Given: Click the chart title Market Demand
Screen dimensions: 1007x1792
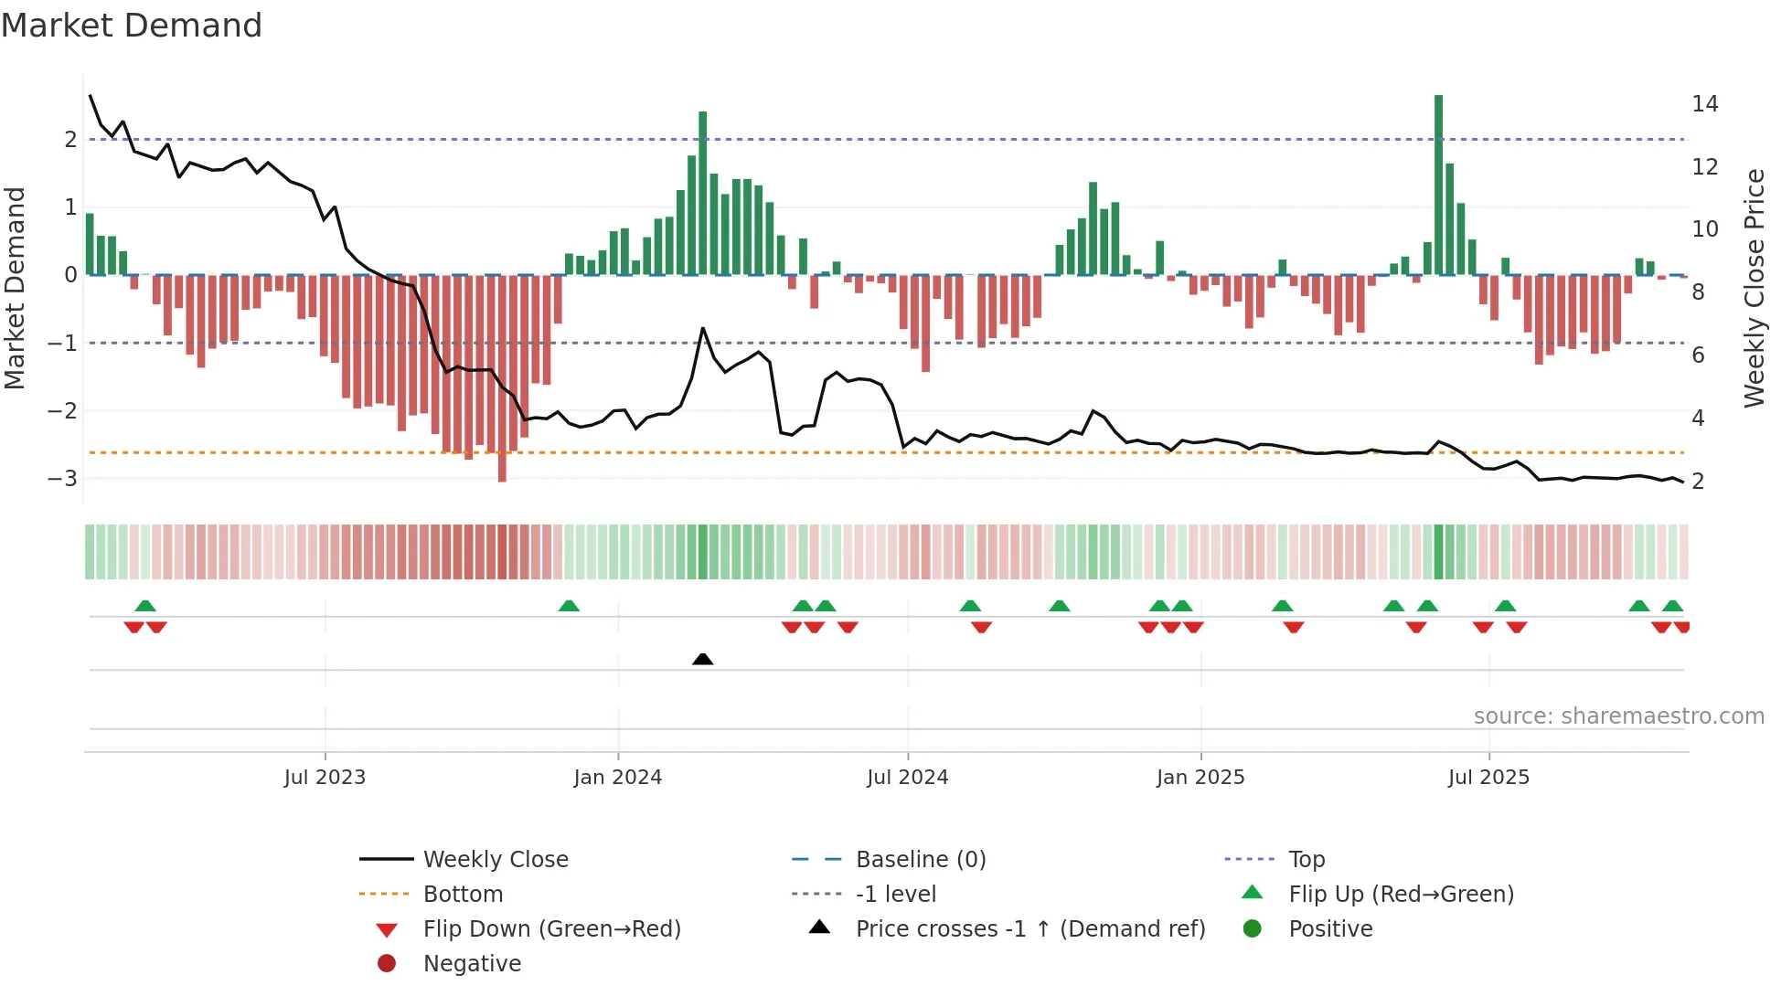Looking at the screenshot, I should point(132,26).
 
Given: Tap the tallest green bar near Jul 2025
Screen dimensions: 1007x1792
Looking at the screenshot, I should point(1438,183).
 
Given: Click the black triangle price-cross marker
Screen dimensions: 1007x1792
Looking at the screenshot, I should point(702,659).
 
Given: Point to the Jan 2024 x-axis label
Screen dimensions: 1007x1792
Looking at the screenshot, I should point(617,778).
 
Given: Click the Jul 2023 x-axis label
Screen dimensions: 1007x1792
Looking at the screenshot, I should point(325,778).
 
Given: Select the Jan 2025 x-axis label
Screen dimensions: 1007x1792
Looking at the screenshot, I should point(1200,778).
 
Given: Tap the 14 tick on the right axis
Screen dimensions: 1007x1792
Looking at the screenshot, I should point(1704,104).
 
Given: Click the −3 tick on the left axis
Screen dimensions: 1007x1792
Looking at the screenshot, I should point(63,479).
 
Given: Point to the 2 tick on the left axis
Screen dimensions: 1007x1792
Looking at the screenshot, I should point(70,140).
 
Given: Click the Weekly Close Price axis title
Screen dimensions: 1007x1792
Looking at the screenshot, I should point(1754,288).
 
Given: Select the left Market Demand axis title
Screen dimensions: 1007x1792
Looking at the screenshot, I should point(15,288).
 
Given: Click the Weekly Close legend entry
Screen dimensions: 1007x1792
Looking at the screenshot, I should point(495,860).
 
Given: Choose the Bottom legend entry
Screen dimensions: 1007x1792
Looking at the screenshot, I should point(463,895).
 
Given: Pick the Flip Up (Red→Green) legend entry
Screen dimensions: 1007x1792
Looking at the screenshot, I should point(1401,895).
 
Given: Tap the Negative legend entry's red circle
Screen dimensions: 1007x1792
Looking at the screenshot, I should point(387,964).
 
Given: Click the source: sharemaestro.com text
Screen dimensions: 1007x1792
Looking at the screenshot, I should point(1618,716).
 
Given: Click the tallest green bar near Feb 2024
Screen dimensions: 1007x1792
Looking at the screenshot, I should point(702,192).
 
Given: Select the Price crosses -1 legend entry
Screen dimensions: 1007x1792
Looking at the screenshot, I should point(1029,929).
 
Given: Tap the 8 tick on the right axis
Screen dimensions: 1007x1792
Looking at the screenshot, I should point(1698,292).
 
